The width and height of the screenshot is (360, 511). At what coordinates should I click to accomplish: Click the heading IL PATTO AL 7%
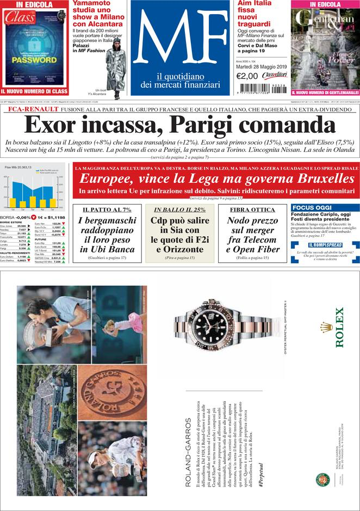coord(107,210)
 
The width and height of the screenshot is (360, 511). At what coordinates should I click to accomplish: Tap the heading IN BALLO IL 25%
coord(179,210)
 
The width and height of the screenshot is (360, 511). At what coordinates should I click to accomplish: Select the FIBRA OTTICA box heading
coord(252,210)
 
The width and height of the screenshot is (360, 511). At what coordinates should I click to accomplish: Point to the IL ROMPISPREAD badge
coord(325,244)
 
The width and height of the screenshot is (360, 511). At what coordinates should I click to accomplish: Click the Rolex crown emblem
coord(326,327)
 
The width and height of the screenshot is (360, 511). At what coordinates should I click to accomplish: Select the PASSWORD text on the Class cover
coord(34,60)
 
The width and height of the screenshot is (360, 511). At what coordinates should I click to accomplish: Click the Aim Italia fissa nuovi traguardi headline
coord(256,14)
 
